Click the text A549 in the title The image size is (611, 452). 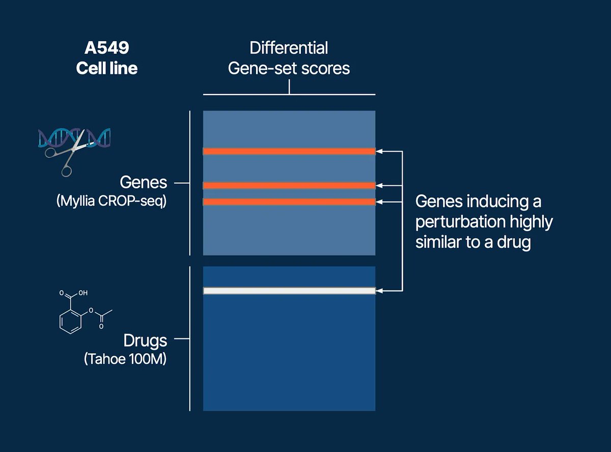coord(107,48)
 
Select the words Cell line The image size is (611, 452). coord(107,68)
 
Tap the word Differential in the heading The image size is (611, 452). coord(289,48)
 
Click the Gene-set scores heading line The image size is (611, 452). coord(289,68)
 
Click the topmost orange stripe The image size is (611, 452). coord(289,151)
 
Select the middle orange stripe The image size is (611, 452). coord(289,185)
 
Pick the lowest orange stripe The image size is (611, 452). coord(289,202)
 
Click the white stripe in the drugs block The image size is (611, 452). coord(289,291)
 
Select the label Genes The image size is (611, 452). coord(143,182)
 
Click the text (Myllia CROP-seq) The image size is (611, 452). coord(111,201)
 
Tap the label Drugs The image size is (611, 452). coord(145,340)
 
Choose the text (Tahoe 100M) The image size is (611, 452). coord(125,359)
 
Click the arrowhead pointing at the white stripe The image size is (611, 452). coord(379,291)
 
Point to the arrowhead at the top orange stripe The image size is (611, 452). coord(379,151)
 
